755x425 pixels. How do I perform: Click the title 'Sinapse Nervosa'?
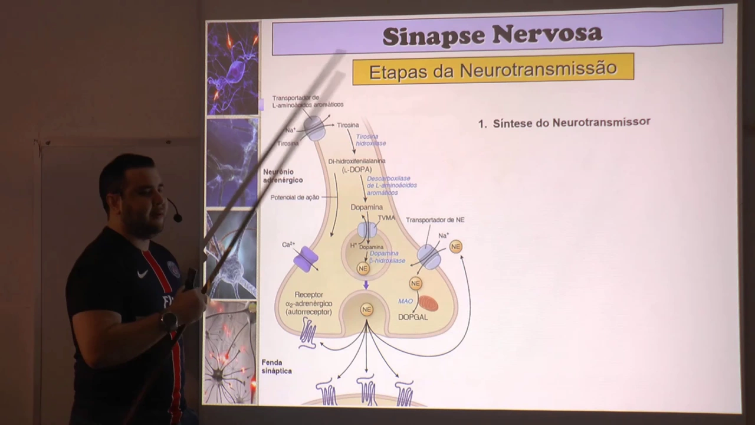point(492,35)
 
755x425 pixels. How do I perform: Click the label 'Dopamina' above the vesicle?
point(366,207)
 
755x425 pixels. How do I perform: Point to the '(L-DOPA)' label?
point(357,169)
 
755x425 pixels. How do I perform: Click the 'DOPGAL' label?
point(413,317)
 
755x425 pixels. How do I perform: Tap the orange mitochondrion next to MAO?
point(429,303)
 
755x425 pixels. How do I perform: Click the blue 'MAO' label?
point(405,301)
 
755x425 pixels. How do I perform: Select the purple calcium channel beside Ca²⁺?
point(306,259)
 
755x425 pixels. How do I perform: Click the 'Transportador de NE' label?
point(435,220)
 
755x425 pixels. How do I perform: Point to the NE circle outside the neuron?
point(456,247)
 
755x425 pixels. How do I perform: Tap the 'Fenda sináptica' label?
point(277,367)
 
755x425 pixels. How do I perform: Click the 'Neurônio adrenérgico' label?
point(283,175)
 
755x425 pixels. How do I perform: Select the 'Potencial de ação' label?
point(294,198)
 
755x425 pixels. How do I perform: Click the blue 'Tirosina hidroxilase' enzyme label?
point(370,140)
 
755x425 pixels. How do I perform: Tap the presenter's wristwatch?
point(169,321)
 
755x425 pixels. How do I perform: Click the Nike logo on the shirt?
point(142,274)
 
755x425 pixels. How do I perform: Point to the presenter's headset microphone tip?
point(178,218)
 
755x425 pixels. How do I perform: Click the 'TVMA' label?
point(386,218)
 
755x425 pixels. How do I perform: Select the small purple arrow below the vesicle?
point(366,285)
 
